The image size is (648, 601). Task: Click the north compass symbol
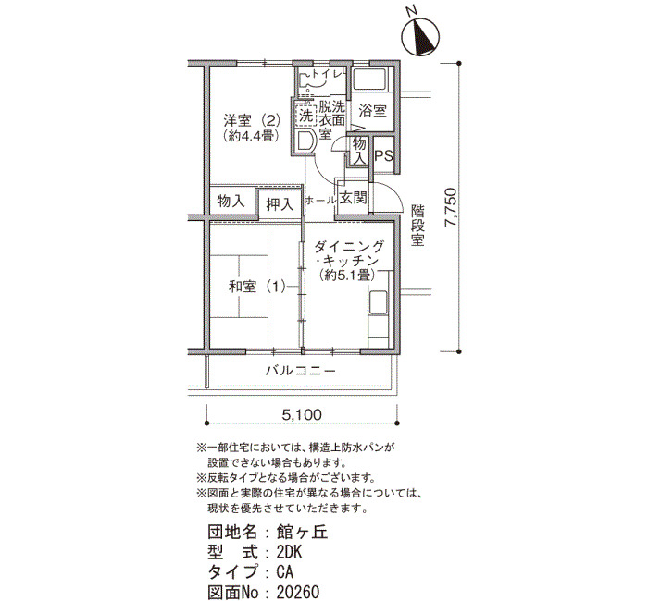coord(421,37)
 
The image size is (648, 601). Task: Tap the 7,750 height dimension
coord(451,207)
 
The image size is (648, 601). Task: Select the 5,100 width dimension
coord(302,414)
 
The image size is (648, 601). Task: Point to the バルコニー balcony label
coord(301,371)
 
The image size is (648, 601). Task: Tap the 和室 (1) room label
coord(257,286)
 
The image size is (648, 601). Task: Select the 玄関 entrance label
coord(353,198)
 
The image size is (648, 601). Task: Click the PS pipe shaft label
coord(383,155)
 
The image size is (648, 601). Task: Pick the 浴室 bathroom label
coord(372,111)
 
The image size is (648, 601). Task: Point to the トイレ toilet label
coord(327,74)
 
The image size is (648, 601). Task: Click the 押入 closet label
coord(280,204)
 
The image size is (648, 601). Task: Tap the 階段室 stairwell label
coord(417,226)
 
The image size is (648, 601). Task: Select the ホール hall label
coord(320,201)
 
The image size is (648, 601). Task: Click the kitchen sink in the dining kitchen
coord(378,302)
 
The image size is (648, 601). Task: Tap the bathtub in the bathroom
coord(370,79)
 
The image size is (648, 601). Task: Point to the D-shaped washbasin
coord(305,141)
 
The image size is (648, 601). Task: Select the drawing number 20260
coord(298,592)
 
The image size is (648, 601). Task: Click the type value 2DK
coord(290,552)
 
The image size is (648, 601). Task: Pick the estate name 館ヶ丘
coord(302,533)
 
